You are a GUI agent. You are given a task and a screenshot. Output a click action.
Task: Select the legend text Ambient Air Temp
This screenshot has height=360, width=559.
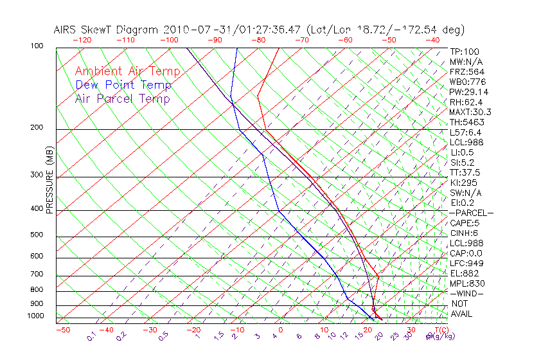(128, 71)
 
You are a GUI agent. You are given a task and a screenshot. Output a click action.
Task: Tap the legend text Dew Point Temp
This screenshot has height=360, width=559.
(123, 85)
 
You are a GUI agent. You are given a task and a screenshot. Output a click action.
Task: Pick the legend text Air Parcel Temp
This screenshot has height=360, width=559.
(123, 98)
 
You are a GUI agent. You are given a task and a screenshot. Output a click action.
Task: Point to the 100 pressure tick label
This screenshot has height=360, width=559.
(37, 46)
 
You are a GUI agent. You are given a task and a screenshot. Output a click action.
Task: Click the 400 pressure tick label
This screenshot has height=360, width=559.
(37, 209)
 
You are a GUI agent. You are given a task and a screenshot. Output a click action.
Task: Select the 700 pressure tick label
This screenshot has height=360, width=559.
(37, 274)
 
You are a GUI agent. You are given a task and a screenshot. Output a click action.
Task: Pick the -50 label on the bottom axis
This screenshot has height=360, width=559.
(62, 330)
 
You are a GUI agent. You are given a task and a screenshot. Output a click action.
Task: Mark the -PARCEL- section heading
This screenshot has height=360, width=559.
(471, 213)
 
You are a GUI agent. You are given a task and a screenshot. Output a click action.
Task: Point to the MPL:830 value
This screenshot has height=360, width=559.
(466, 283)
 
